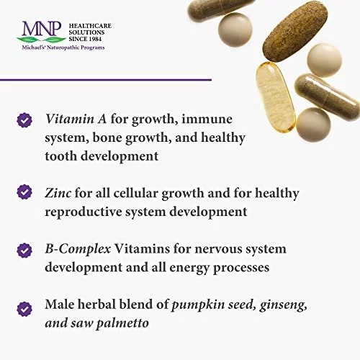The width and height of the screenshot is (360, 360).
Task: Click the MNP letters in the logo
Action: point(41,30)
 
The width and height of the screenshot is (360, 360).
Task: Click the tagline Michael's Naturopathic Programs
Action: point(63,48)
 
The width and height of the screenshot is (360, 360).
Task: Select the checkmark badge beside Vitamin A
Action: point(24,120)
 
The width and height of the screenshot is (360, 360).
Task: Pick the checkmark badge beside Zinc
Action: point(24,192)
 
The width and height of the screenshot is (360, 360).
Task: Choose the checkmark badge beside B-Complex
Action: point(24,251)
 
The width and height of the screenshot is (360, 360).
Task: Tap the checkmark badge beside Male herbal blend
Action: point(24,309)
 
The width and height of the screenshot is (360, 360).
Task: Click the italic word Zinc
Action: point(58,193)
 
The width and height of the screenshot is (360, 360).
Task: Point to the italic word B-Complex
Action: point(78,249)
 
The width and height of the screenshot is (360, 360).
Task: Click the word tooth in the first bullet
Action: point(60,156)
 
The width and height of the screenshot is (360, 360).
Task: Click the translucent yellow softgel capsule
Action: point(276,94)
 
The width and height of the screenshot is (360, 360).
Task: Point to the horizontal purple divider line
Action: point(106,79)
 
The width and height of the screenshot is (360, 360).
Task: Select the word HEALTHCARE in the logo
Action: point(90,26)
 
